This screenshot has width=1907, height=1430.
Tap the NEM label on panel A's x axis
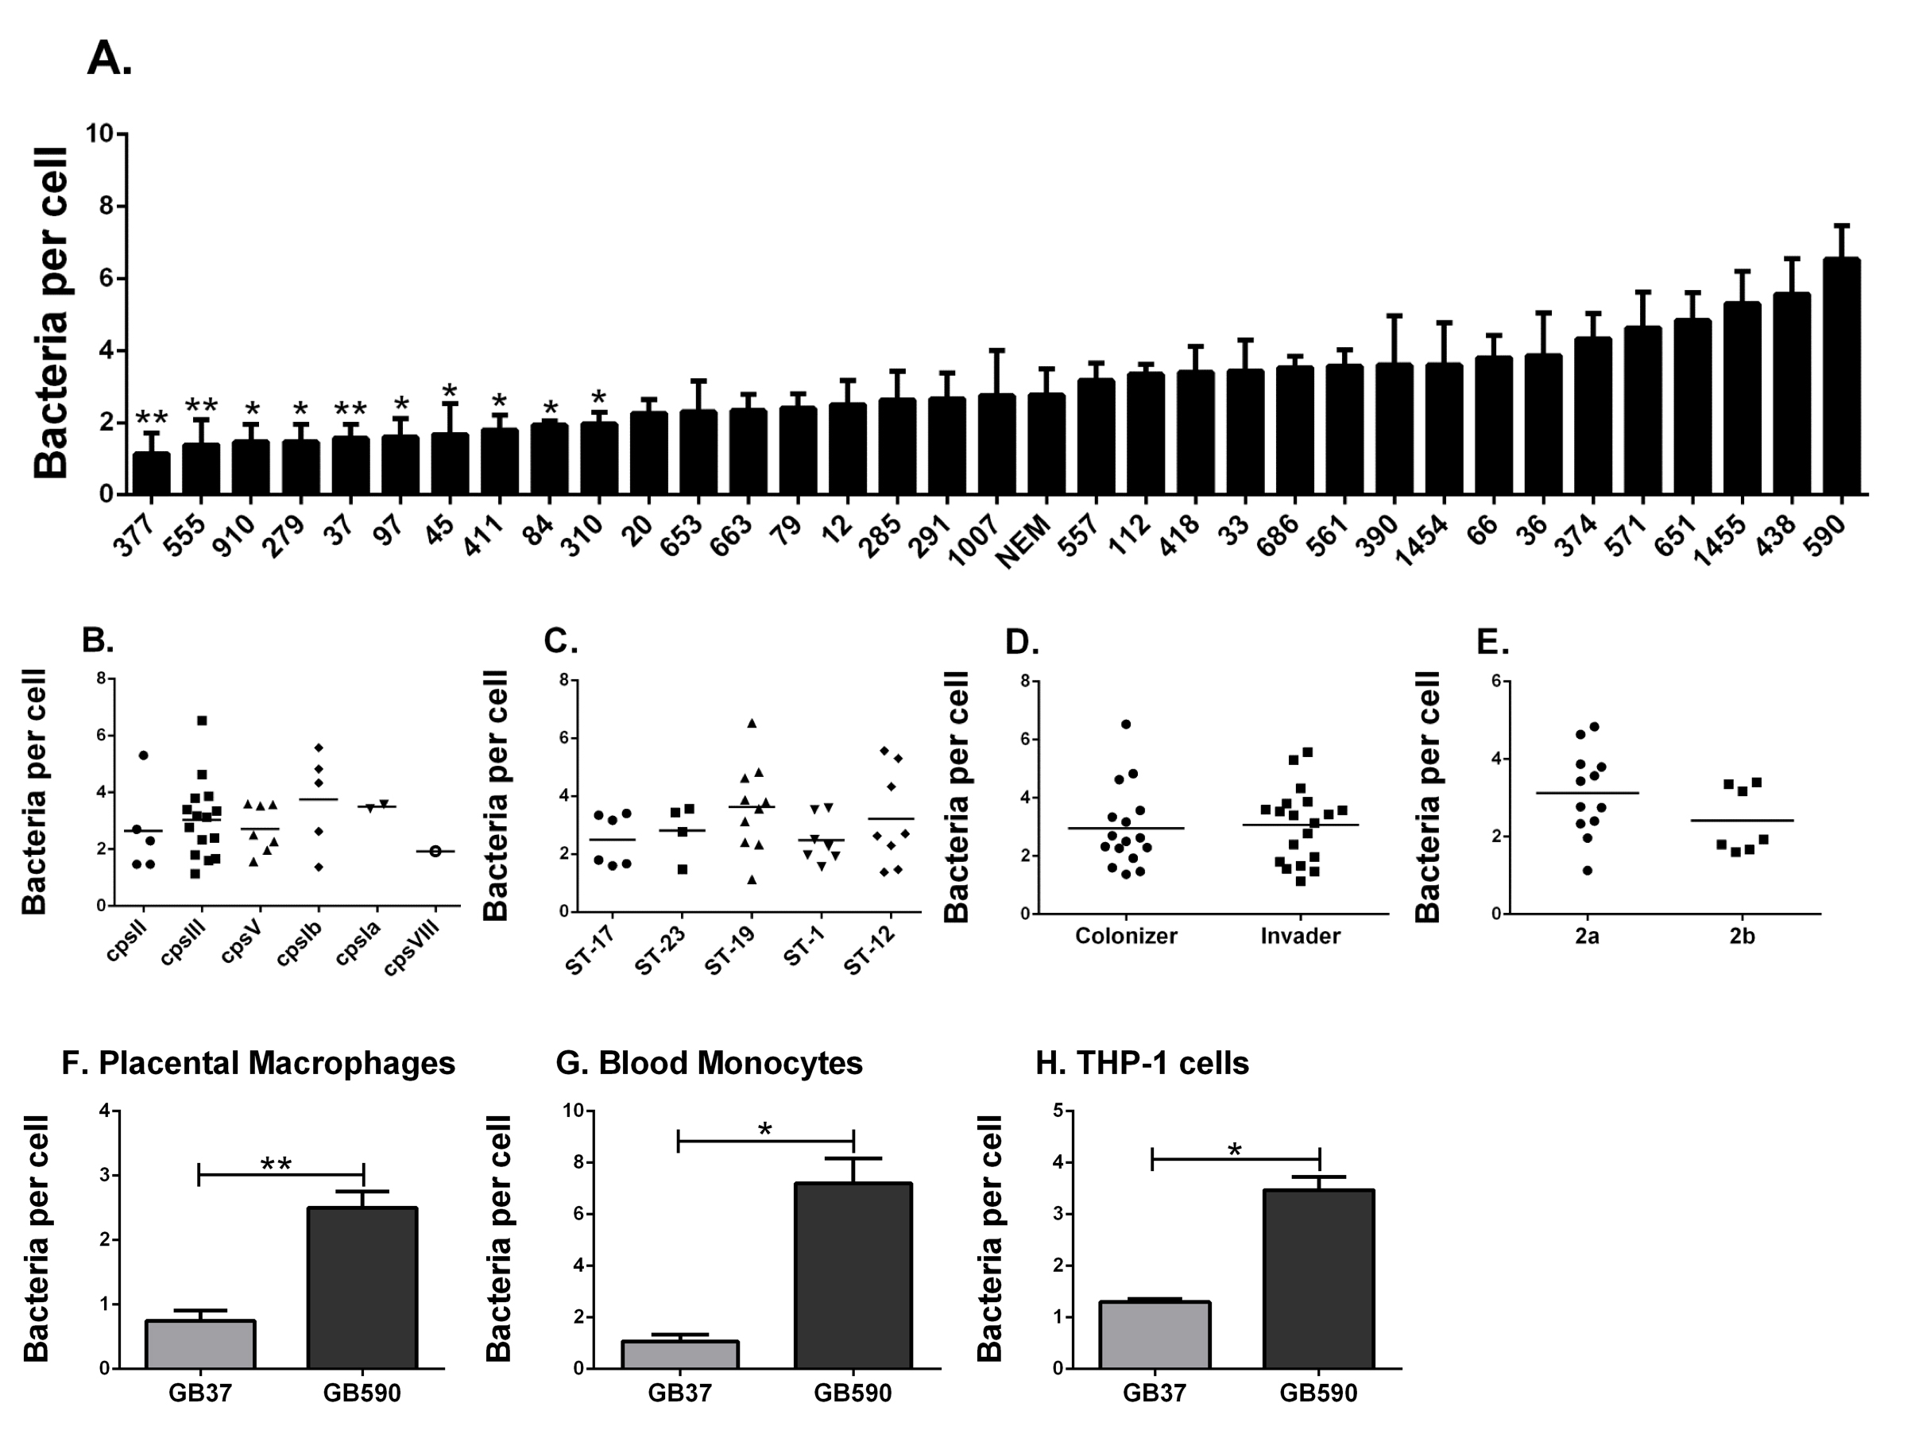pos(1026,543)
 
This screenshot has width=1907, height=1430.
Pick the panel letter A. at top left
pos(110,59)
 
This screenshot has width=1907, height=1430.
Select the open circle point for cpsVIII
pos(435,852)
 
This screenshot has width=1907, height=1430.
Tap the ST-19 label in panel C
pos(730,950)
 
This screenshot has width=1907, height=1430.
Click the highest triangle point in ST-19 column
pos(752,723)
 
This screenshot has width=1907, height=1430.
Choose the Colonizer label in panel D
pos(1126,936)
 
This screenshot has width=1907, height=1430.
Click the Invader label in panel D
pos(1300,936)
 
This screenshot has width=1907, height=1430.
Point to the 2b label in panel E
pos(1742,936)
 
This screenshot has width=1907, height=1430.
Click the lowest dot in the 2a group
pos(1587,871)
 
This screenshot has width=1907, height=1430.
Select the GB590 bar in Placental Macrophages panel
pos(362,1288)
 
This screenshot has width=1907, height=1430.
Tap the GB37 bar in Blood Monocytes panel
pos(680,1355)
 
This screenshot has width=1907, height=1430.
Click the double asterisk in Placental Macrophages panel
pos(277,1165)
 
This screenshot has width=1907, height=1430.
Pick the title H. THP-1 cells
pos(1142,1064)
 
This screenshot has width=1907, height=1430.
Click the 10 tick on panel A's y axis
pos(100,133)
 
